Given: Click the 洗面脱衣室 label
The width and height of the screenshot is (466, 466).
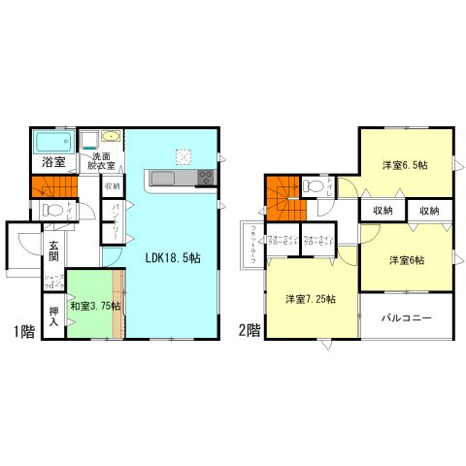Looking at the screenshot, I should click(102, 161).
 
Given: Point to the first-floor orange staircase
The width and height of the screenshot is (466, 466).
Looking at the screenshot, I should click(52, 186).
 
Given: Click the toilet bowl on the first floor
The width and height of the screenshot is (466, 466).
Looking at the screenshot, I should click(55, 209).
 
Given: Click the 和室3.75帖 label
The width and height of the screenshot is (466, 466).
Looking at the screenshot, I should click(95, 306).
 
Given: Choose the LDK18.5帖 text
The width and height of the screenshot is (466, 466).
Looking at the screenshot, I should click(173, 259).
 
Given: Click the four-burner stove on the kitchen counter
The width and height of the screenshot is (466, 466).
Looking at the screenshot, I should click(205, 178).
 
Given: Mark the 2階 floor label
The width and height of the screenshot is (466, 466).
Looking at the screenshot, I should click(249, 329).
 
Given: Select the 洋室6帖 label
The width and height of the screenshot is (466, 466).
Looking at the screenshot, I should click(407, 259).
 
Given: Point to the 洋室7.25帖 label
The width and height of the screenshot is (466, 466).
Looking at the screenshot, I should click(311, 299).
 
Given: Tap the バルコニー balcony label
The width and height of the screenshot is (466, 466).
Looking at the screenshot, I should click(407, 316).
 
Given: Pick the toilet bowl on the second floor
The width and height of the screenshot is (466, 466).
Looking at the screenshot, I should click(315, 185).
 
